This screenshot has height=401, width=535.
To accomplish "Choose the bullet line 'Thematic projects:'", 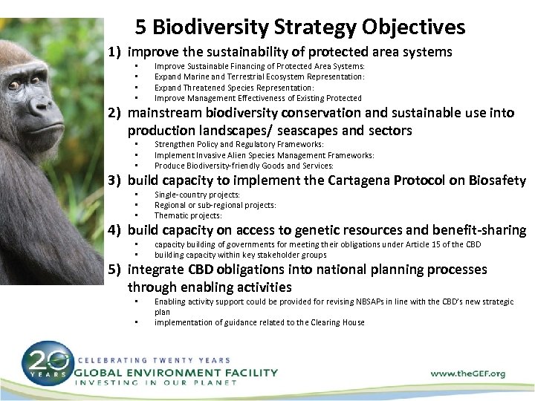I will [x=187, y=214].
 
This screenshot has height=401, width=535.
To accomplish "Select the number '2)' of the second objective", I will [x=113, y=114].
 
